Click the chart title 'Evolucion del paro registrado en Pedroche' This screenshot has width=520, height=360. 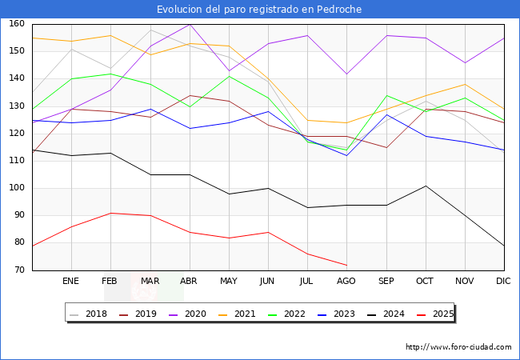pos(259,10)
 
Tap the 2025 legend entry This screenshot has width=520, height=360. pos(437,314)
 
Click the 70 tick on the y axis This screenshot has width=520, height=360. pos(18,270)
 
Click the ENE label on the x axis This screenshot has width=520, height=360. pos(71,282)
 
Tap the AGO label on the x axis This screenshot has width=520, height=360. pos(346,282)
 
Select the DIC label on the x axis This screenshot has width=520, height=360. pos(503,282)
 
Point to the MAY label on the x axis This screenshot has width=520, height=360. pos(229,282)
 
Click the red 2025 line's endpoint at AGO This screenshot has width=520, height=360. pos(346,265)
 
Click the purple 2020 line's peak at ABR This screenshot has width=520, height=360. pos(190,24)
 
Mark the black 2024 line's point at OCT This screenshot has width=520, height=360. pos(425,186)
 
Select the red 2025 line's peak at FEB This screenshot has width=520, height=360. pos(110,213)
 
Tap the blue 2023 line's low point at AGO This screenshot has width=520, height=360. pos(346,155)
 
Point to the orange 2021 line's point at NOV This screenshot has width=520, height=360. pos(464,84)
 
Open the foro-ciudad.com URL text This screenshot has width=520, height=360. pos(458,347)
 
